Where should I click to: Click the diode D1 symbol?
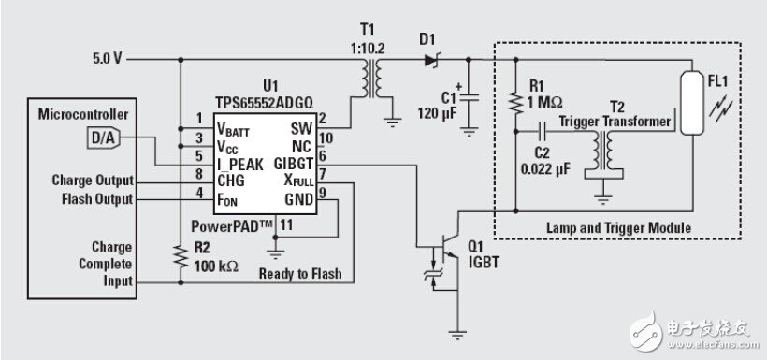pos(430,60)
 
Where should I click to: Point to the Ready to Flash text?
pos(301,275)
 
